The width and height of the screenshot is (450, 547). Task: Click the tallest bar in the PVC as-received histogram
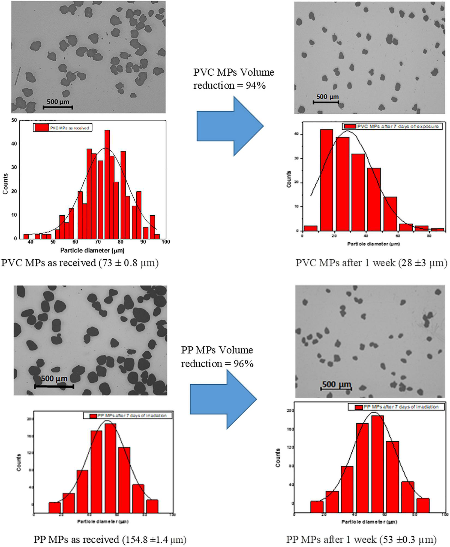coord(107,184)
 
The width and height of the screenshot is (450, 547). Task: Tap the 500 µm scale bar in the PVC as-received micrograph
coord(58,107)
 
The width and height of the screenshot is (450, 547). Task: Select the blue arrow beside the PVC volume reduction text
coord(230,126)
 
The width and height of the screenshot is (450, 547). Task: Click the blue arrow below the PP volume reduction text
coord(223,399)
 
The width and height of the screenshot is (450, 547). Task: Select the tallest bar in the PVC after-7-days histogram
coord(326,180)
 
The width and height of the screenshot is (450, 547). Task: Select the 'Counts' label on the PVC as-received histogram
coord(5,184)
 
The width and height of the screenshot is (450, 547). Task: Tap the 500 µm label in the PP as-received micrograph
coord(54,379)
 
